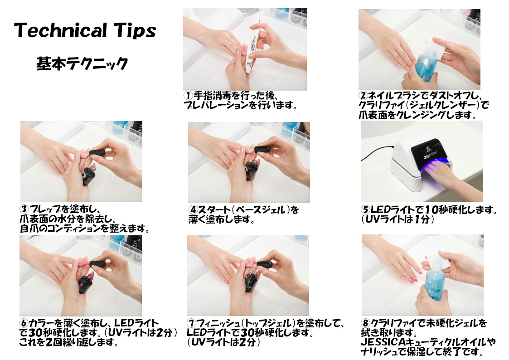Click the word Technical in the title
61,30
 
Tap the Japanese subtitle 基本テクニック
82,63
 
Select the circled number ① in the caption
189,96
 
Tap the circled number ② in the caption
363,96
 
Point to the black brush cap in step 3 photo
97,153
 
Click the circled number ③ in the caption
24,209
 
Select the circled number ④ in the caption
194,210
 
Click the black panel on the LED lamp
430,151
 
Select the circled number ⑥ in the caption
24,323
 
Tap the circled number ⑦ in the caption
192,323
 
